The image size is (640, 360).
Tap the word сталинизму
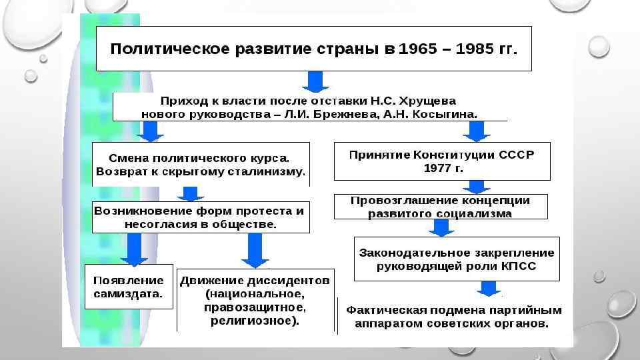tap(267, 172)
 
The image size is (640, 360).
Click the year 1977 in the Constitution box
tap(435, 168)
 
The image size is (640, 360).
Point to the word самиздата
tap(128, 293)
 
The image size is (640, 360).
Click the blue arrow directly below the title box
tap(315, 81)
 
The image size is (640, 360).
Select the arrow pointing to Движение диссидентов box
tap(254, 251)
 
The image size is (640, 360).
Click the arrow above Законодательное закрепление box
tap(439, 228)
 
